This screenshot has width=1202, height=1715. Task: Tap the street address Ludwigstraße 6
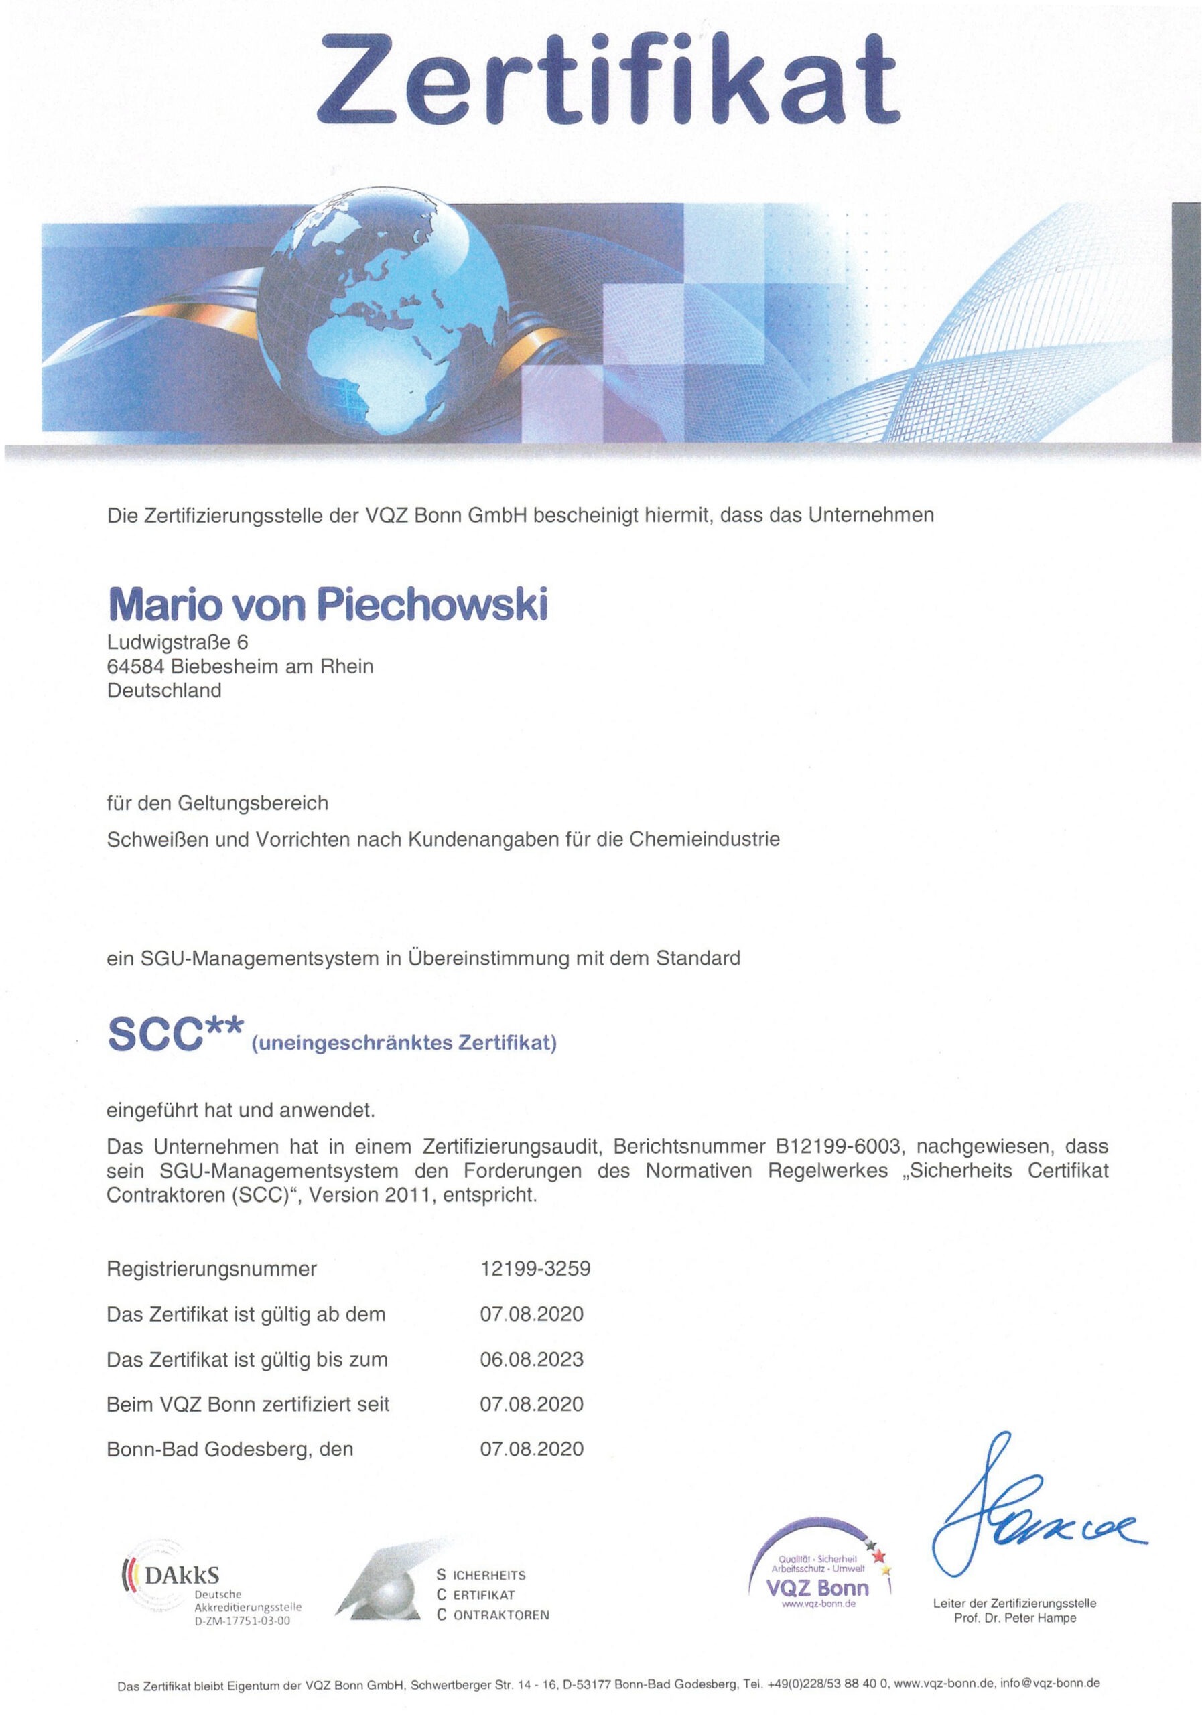coord(177,642)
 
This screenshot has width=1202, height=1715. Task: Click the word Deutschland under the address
coord(163,690)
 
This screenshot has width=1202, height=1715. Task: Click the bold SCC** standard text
coord(176,1034)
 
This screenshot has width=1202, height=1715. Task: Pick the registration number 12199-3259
coord(534,1268)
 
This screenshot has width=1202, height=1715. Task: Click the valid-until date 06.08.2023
coord(531,1359)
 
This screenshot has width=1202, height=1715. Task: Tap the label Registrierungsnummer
coord(212,1268)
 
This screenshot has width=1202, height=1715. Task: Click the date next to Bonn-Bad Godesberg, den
coord(531,1449)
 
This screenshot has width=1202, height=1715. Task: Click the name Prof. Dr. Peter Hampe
coord(1014,1618)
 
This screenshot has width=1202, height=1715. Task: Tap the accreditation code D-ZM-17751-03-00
coord(242,1621)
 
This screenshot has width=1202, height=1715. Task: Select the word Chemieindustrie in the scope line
coord(704,839)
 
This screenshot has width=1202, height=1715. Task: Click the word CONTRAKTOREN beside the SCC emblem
coord(500,1615)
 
